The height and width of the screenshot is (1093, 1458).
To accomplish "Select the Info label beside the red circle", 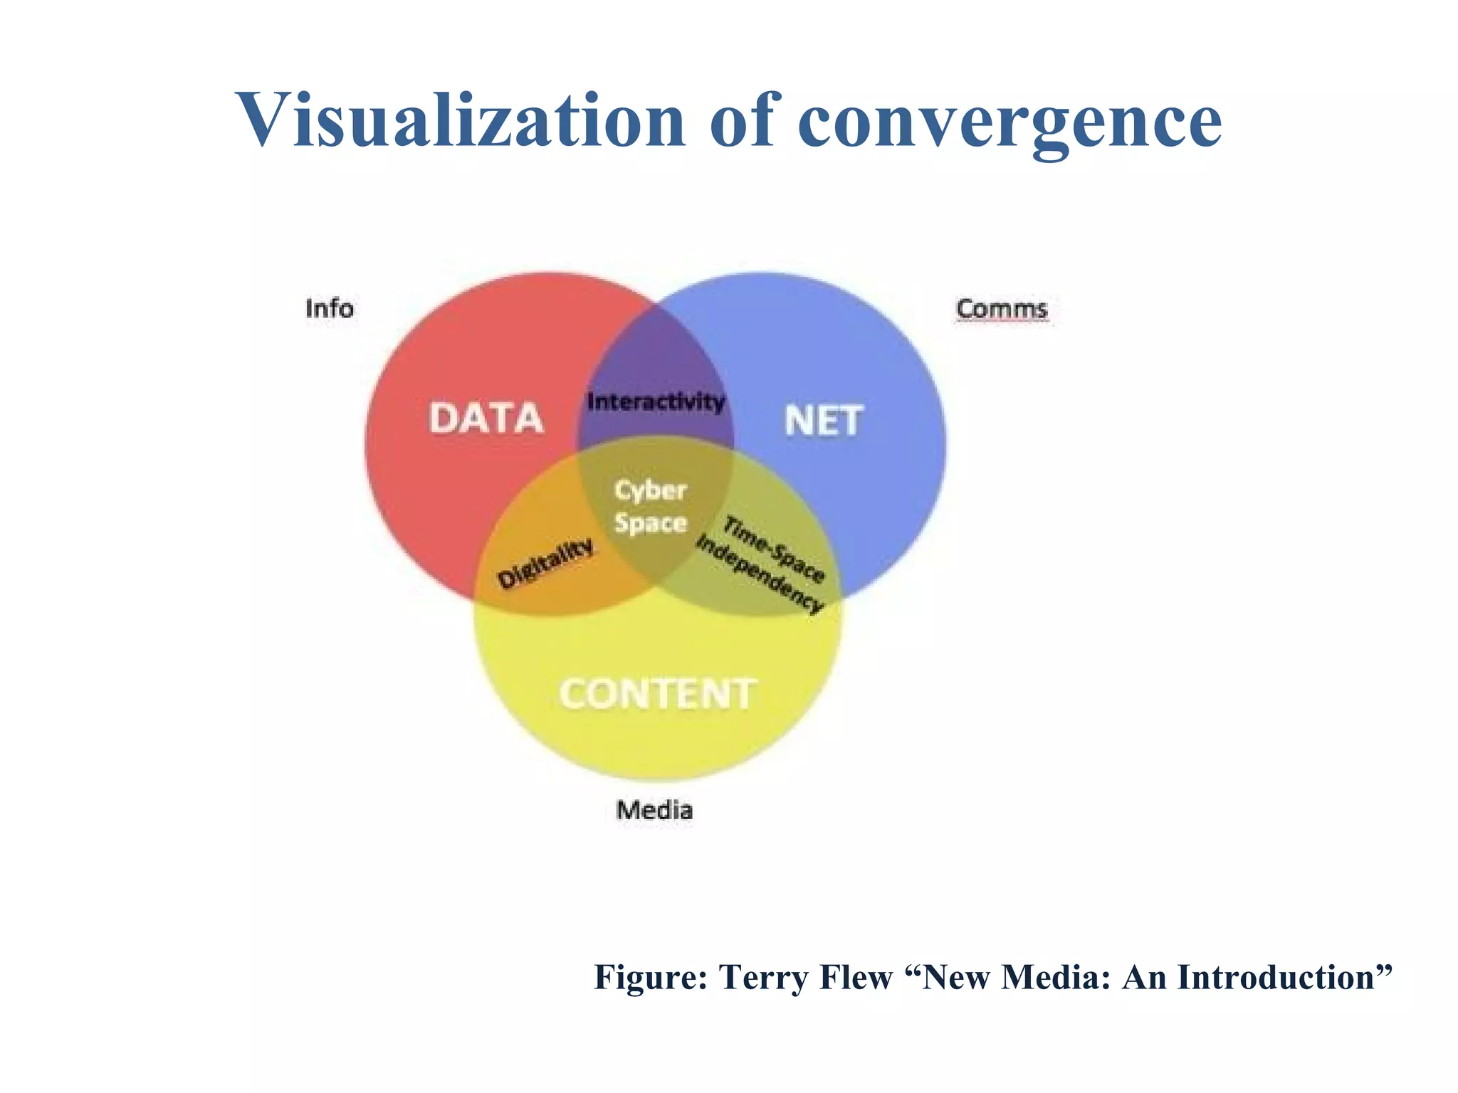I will tap(329, 309).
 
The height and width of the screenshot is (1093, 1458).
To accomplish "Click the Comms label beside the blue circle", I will tap(1002, 309).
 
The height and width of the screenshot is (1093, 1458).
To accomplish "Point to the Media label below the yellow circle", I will tap(654, 810).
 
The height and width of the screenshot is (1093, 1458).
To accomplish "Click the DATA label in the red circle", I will tap(486, 418).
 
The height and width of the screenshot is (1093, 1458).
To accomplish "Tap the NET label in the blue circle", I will tap(823, 421).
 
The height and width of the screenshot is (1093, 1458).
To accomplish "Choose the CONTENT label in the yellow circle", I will tap(656, 694).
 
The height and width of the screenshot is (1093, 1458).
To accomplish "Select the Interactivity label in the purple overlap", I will tap(656, 402).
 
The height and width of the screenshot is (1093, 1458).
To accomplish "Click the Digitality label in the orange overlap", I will tap(545, 563).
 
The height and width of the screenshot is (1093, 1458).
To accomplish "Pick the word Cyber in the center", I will tap(650, 490).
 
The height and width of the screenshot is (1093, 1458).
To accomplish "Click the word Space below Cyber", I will tap(650, 523).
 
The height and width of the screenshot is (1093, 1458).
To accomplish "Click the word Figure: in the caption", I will tap(651, 977).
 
